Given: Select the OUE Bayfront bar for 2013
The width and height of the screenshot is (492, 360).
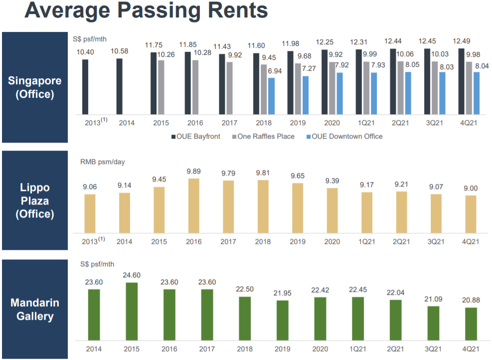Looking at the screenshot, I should [85, 86].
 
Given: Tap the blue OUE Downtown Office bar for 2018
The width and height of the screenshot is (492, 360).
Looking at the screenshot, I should [271, 95].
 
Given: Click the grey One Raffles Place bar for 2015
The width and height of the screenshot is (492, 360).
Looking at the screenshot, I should [161, 87].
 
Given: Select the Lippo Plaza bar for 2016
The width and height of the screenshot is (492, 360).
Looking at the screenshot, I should [193, 205].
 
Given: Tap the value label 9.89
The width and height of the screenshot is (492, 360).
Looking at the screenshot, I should [193, 172].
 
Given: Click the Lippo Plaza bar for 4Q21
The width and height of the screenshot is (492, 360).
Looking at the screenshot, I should [470, 213].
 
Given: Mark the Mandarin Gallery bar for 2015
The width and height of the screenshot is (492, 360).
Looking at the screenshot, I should [132, 312].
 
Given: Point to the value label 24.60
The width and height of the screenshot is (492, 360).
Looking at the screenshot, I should [132, 275].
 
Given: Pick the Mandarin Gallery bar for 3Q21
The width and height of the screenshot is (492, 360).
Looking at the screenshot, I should [433, 324].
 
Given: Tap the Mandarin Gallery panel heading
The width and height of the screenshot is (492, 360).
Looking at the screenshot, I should [34, 309].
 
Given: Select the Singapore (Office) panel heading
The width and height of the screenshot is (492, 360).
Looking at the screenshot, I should [34, 87].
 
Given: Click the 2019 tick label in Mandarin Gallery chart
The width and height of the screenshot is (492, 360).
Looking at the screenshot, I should [283, 349].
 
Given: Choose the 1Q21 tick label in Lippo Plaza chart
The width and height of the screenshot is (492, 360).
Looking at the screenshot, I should [366, 241].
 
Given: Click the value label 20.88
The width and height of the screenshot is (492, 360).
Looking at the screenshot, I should [471, 300].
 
